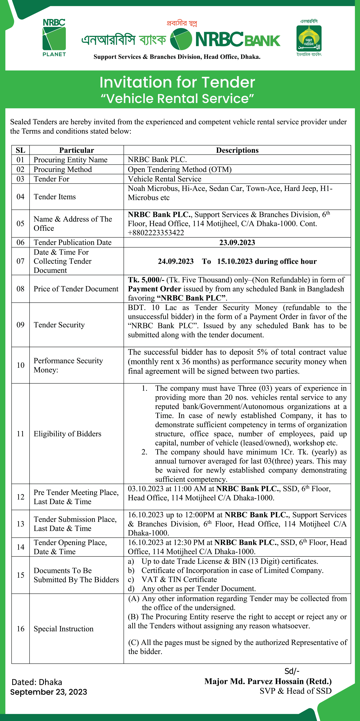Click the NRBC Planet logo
point(54,38)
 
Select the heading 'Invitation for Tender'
point(177,82)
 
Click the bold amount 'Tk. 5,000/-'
point(146,280)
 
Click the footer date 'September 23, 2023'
point(49,692)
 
